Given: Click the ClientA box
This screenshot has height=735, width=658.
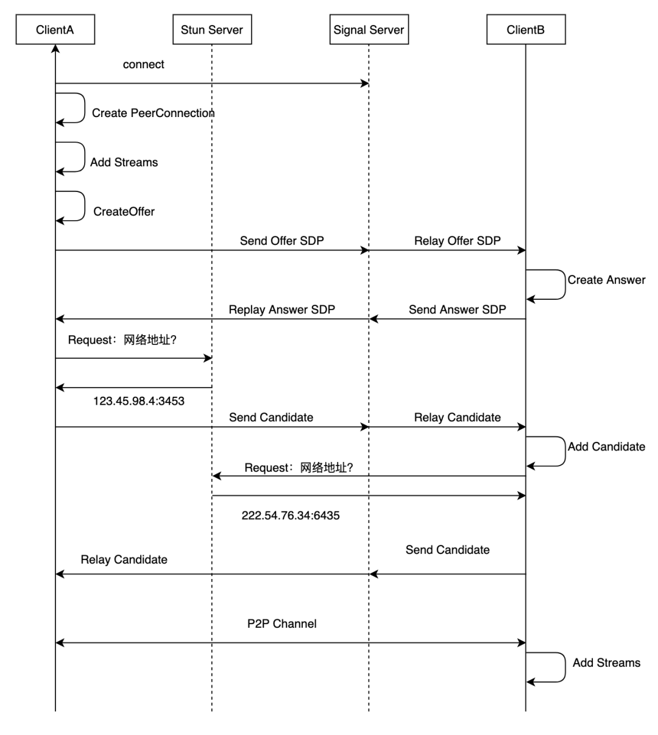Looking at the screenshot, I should [55, 30].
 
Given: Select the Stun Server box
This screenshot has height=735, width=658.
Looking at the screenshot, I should [211, 30].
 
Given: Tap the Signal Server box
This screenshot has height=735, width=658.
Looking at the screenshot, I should [369, 30].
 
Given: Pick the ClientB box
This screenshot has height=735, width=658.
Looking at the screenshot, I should [525, 30].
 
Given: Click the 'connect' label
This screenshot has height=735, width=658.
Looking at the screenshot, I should [143, 65].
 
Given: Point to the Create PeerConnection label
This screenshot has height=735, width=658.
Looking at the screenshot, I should [153, 113].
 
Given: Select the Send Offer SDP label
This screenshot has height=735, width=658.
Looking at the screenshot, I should [281, 241].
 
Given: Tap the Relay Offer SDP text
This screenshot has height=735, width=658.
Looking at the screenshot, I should [457, 241].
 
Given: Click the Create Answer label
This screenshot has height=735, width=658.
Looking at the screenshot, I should [606, 280].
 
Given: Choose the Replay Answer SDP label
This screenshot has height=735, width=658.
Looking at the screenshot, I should [281, 310].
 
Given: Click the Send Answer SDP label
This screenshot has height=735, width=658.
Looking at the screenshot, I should [457, 310].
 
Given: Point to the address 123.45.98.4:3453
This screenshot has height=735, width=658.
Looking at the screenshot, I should [138, 401].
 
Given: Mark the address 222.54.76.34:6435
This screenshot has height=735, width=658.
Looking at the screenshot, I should [290, 516].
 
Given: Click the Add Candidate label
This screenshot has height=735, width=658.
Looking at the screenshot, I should [606, 447].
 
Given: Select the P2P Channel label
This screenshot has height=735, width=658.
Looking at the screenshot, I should [281, 623].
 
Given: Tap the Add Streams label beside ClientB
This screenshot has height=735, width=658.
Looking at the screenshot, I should [606, 663].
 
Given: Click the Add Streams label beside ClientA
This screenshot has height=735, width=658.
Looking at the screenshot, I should [124, 163].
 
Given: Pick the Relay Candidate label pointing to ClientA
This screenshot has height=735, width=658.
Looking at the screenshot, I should [124, 560].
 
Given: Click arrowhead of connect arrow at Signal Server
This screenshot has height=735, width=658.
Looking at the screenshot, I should [365, 83].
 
